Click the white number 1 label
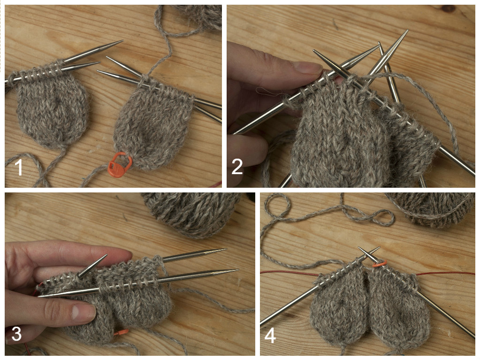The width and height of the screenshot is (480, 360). click(19, 168)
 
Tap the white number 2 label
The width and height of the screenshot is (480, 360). click(237, 167)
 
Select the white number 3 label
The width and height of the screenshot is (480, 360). click(16, 334)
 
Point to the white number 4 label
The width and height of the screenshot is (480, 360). click(270, 336)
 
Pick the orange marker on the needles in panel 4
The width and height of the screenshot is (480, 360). click(379, 265)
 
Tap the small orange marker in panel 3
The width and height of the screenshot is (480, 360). click(122, 332)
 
